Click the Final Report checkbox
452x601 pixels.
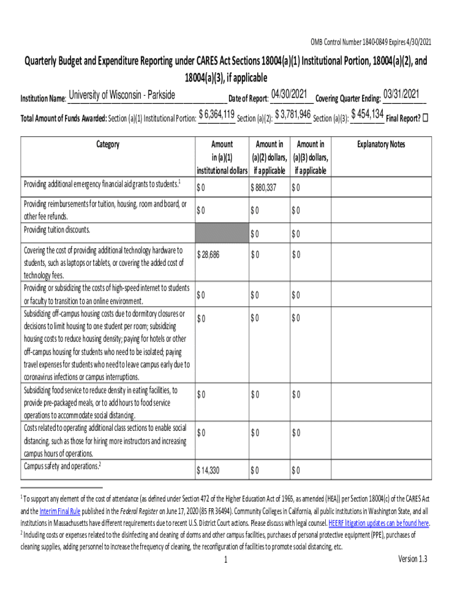(x=426, y=117)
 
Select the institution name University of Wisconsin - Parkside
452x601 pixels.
(x=122, y=95)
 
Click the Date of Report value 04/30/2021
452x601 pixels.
(x=289, y=94)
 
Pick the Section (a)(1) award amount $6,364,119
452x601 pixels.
(x=217, y=114)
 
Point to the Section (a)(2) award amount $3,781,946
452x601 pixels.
(x=292, y=114)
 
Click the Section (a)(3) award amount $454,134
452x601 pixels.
(x=367, y=114)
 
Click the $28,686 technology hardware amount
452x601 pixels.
(x=208, y=254)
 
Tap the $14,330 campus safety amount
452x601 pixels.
(x=208, y=470)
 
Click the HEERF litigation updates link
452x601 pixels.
(x=379, y=524)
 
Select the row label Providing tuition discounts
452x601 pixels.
(x=56, y=229)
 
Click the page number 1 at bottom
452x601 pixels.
(x=225, y=560)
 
